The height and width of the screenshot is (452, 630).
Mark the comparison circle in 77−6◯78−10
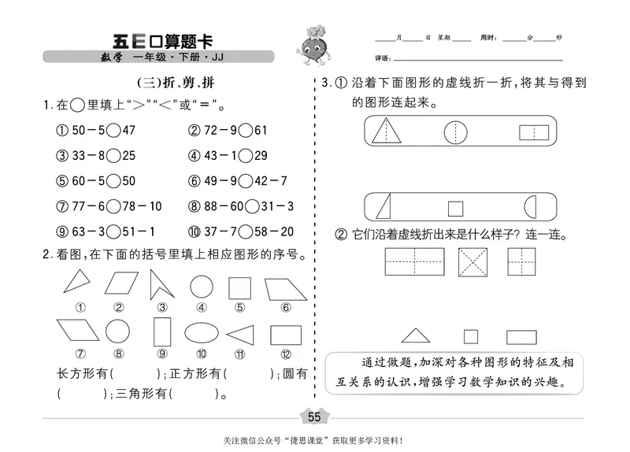tap(114, 206)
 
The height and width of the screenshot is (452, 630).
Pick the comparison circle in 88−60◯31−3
tap(252, 206)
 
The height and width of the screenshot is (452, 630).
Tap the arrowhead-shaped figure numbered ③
tap(162, 284)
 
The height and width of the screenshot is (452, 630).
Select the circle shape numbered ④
tap(202, 286)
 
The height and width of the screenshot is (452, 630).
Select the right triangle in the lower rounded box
tap(384, 207)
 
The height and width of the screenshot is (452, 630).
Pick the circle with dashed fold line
tap(455, 131)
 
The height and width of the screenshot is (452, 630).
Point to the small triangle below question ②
tap(415, 335)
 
